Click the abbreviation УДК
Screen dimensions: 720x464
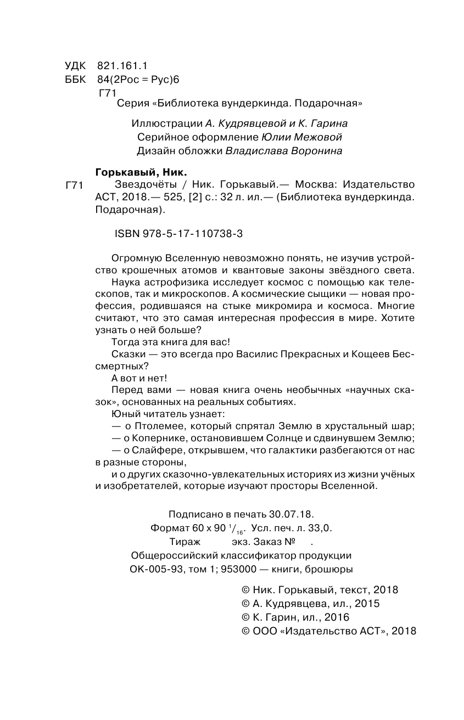click(76, 64)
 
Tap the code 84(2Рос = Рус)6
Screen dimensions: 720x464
click(135, 79)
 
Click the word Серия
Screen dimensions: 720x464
click(132, 103)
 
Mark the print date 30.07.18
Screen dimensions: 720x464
click(290, 514)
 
